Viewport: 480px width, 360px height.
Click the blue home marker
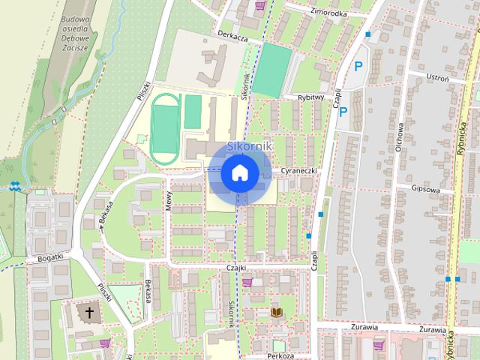[240, 172]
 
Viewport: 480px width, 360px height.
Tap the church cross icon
[90, 311]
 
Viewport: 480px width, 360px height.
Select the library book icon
[277, 311]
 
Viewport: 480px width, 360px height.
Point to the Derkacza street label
[232, 35]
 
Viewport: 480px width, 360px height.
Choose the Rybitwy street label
[310, 97]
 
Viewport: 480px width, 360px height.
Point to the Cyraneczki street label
[300, 172]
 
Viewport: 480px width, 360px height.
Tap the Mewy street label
[169, 199]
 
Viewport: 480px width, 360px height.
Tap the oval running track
[165, 127]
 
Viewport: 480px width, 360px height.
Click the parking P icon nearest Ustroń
[358, 66]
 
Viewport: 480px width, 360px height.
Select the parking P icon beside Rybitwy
[343, 112]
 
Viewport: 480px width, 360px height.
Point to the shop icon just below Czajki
[247, 283]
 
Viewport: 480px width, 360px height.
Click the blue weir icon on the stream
[16, 186]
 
